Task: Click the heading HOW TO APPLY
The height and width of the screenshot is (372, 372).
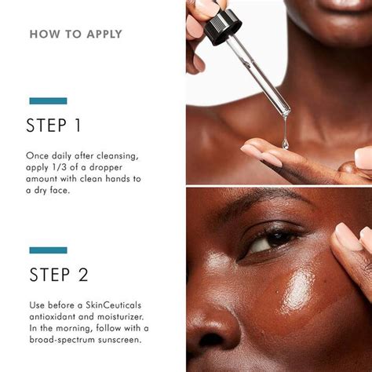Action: coord(75,35)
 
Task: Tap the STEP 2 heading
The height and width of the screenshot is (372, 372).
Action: coord(59,275)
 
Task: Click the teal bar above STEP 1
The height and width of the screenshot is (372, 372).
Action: coord(48,100)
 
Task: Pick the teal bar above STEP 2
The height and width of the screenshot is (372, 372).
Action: coord(48,250)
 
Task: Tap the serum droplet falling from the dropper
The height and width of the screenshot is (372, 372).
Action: coord(285,143)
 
